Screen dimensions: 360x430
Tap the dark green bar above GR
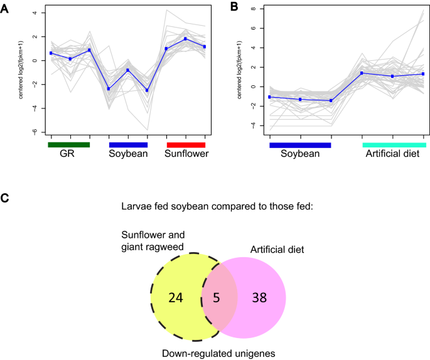[x=69, y=145]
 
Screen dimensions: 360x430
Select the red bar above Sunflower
[x=186, y=145]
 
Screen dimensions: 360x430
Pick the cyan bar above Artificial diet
[x=394, y=145]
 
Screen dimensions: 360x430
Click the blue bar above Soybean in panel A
[x=128, y=145]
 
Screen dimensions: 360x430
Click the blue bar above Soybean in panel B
[x=300, y=145]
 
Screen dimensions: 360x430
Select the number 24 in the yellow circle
[x=176, y=297]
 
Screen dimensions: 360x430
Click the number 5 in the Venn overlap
[x=217, y=297]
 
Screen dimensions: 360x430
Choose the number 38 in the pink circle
[x=259, y=297]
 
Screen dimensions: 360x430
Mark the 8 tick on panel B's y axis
[x=254, y=9]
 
